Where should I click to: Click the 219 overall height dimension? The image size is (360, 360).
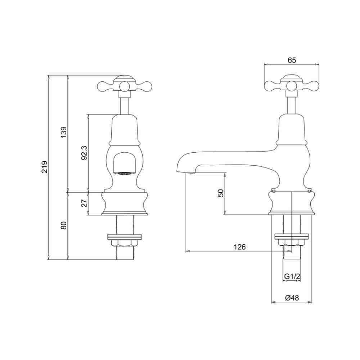[x=45, y=167]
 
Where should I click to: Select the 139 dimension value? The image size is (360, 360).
[x=64, y=132]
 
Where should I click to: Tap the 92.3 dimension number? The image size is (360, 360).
[x=84, y=153]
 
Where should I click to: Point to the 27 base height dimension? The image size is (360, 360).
[x=85, y=203]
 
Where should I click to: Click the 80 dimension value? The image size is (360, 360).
[x=64, y=225]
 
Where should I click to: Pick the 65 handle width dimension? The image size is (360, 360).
[x=292, y=60]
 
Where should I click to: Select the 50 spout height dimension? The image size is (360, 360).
[x=220, y=193]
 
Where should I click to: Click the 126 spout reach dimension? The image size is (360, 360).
[x=240, y=247]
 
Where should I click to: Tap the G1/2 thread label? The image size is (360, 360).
[x=292, y=276]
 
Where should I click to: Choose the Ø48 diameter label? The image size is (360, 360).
[x=292, y=298]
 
